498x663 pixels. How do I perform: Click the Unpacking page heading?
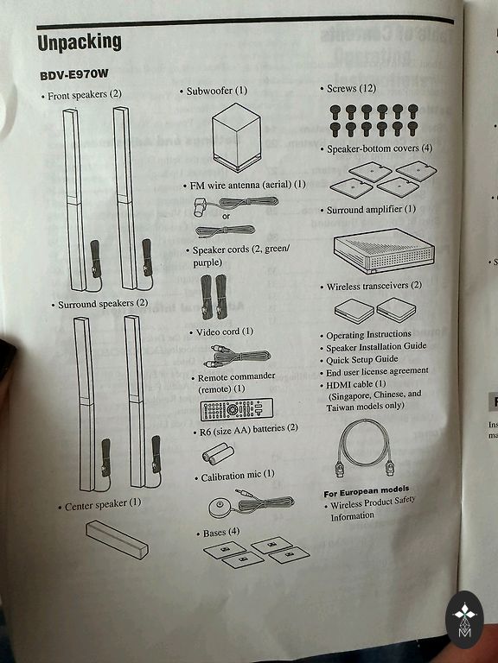point(80,43)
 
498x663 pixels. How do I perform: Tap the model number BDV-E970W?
point(74,75)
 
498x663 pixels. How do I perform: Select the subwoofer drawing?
point(236,137)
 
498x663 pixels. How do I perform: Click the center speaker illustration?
point(117,540)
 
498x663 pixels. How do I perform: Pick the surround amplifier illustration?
point(384,250)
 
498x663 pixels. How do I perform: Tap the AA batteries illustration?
point(218,454)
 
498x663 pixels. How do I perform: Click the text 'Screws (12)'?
point(351,89)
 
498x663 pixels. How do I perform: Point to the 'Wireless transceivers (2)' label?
point(373,287)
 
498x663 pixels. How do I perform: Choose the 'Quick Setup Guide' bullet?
point(361,360)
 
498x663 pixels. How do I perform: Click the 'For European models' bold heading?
point(367,491)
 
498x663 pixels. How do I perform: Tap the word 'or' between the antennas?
point(227,216)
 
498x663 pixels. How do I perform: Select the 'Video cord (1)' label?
point(225,331)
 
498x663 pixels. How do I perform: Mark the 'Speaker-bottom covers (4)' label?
point(380,148)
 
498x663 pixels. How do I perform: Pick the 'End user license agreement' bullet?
point(377,372)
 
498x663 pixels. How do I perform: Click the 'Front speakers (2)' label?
point(84,95)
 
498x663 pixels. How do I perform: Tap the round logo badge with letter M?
point(464,620)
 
